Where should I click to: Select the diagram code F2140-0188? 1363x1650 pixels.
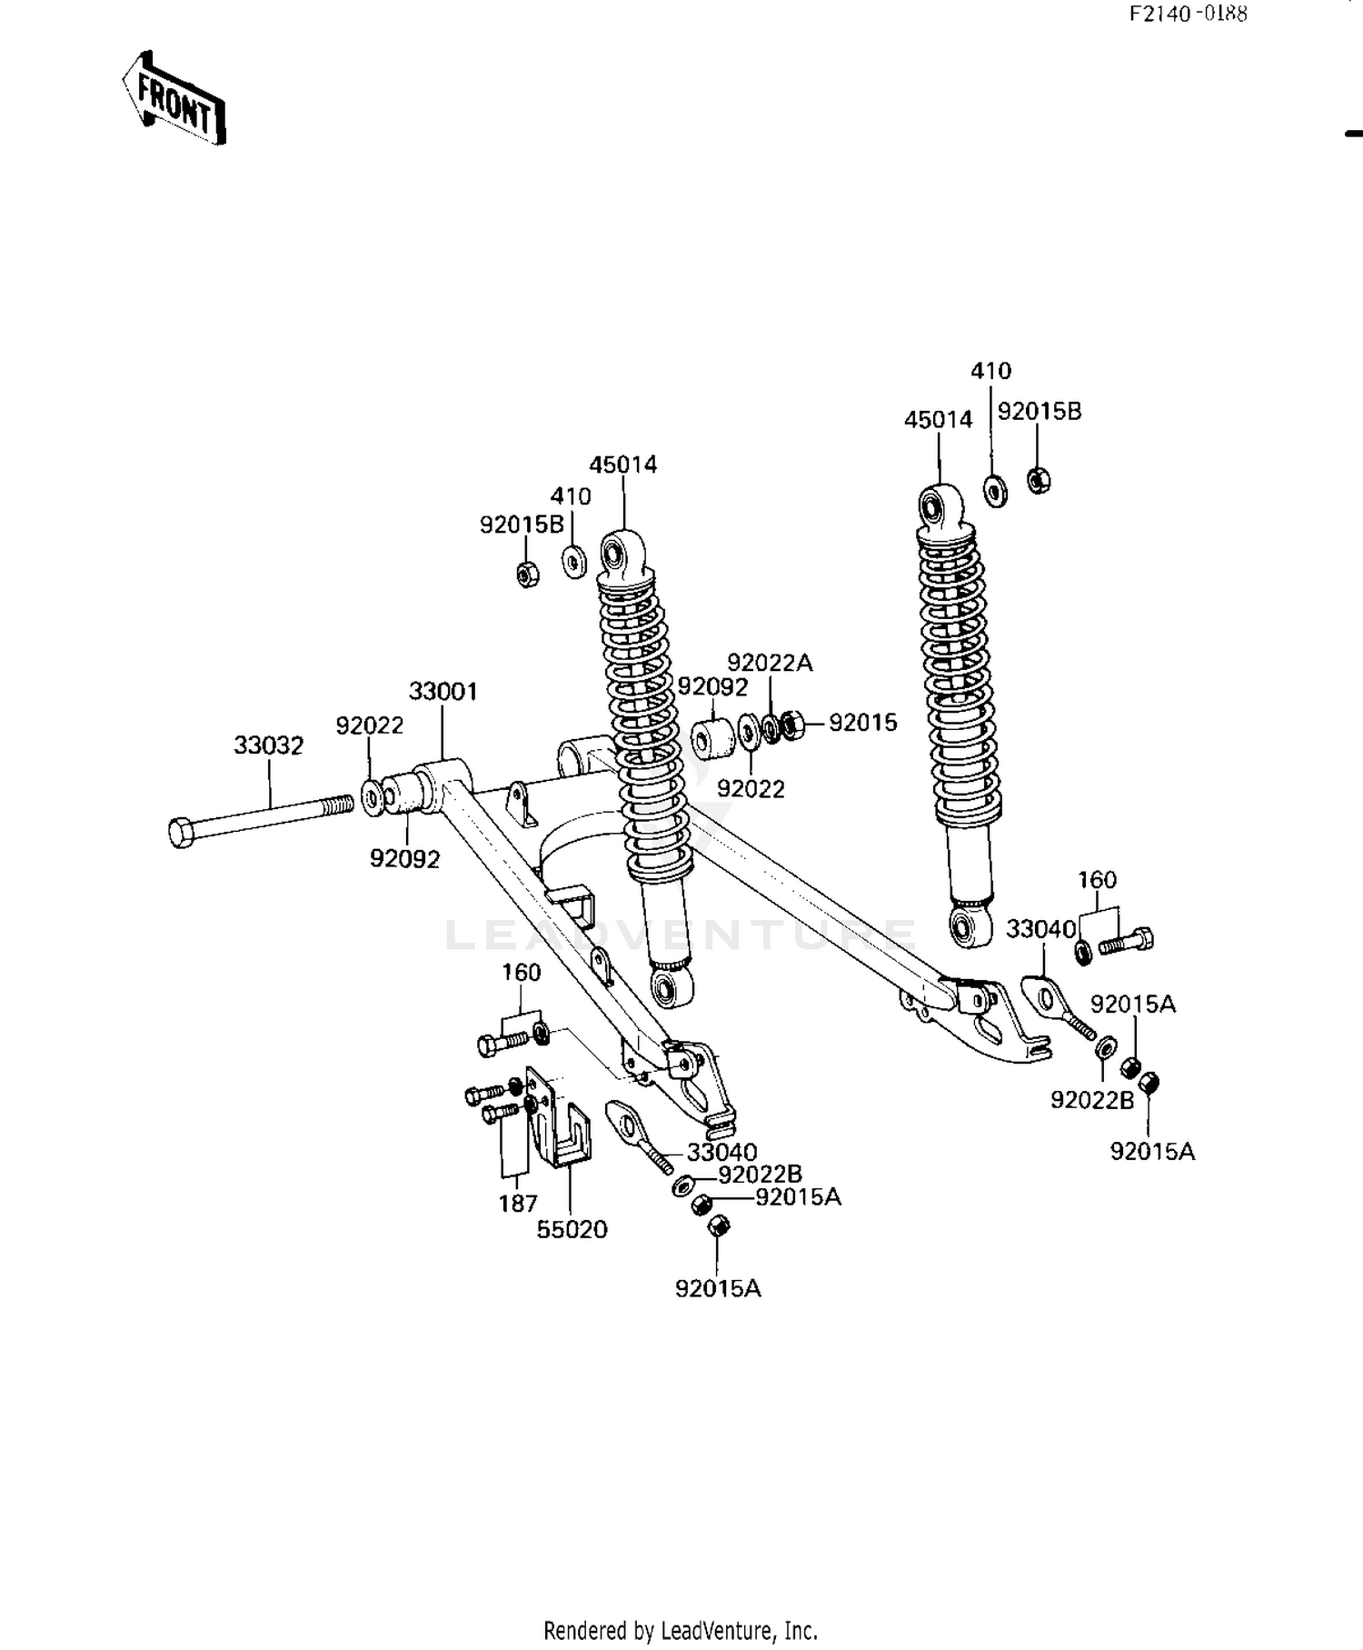[1188, 14]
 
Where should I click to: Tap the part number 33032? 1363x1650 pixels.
[268, 745]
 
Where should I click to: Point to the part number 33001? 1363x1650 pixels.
[443, 692]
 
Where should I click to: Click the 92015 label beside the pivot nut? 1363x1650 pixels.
[862, 723]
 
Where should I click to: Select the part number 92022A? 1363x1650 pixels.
[770, 664]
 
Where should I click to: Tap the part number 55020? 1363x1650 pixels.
[572, 1230]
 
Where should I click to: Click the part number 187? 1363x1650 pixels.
[518, 1204]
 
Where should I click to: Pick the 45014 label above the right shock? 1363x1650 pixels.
[938, 420]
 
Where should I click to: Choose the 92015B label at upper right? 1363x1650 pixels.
[1040, 412]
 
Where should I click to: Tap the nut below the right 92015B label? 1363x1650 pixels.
[1039, 478]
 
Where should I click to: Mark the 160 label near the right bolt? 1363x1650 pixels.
[1097, 880]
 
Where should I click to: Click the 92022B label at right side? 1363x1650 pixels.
[1092, 1100]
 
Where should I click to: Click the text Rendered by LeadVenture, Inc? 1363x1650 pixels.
[681, 1630]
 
